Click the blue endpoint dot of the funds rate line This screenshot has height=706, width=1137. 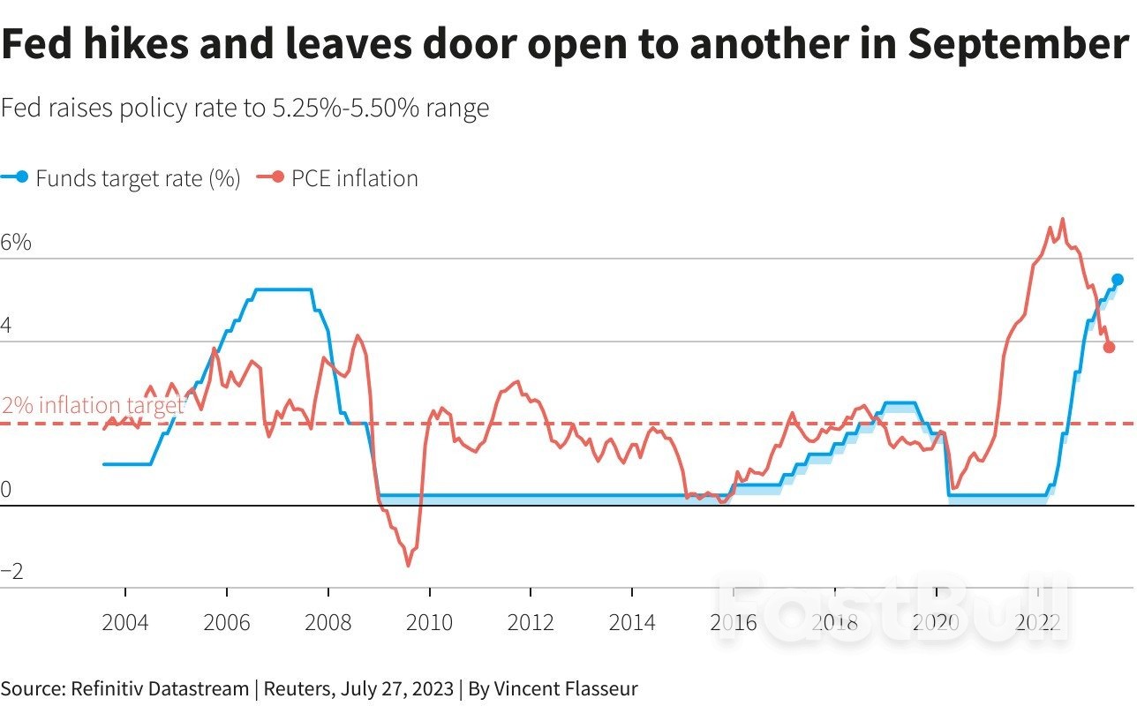point(1118,280)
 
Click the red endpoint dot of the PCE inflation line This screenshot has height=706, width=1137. point(1109,347)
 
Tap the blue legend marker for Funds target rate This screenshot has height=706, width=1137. point(22,177)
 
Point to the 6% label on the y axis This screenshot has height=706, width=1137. point(16,243)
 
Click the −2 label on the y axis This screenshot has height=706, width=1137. point(12,572)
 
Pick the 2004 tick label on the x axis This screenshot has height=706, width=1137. point(125,622)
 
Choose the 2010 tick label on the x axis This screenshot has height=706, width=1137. point(429,622)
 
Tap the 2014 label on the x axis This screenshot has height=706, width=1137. point(632,622)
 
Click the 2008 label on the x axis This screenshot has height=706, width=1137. point(328,622)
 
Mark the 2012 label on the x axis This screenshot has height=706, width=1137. point(531,622)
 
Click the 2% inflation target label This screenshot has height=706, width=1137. point(94,406)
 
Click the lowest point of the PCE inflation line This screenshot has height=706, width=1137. point(408,566)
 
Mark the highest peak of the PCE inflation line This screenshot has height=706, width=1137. point(1062,219)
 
